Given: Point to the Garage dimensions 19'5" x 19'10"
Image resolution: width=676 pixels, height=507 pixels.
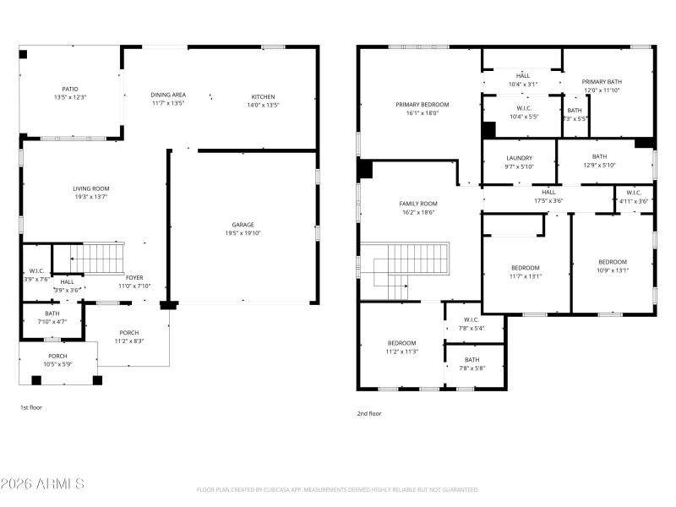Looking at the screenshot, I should coord(243,233).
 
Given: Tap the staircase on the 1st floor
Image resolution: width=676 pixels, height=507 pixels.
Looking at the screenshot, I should coord(96,257).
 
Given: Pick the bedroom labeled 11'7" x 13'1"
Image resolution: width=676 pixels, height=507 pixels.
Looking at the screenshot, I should coord(525,271).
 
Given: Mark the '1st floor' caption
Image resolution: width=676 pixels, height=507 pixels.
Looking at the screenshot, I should coord(31,407).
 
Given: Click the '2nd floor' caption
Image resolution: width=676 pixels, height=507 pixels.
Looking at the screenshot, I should coord(368,413).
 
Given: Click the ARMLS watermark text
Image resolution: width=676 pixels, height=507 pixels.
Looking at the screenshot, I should coord(42,484).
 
